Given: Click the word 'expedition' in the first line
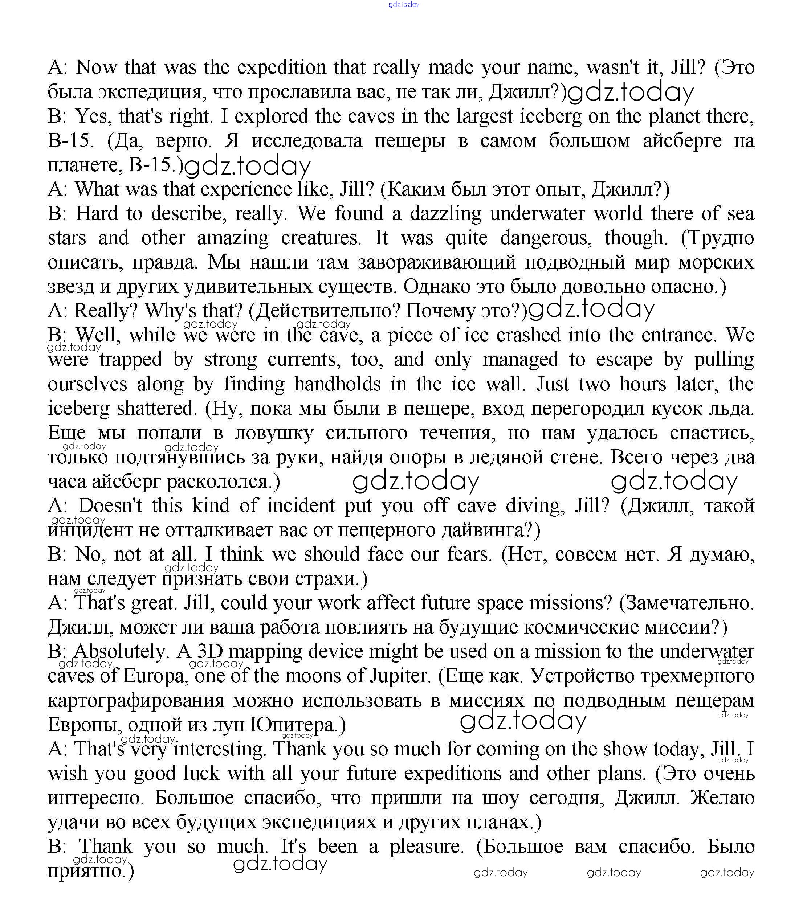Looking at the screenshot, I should tap(281, 67).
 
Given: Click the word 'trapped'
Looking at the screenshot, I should tap(131, 360).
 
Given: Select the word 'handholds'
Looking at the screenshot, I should tap(338, 384).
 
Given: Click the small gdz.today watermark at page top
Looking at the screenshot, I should tap(404, 4).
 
